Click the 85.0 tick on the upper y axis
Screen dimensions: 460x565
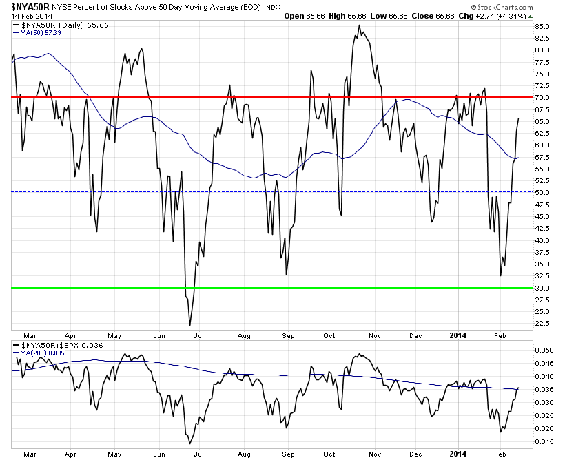[x=542, y=27]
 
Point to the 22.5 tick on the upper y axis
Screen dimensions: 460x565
[x=542, y=323]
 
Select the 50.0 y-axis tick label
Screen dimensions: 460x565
[x=542, y=192]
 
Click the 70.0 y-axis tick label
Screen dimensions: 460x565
[x=542, y=97]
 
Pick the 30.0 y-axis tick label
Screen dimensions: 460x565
[x=542, y=288]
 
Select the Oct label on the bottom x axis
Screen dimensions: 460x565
[x=329, y=454]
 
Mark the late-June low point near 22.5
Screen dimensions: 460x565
[x=189, y=324]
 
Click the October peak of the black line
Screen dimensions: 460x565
[x=359, y=25]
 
